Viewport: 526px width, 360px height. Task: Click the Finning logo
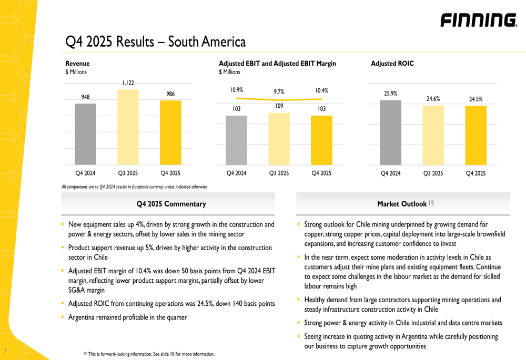pyautogui.click(x=479, y=20)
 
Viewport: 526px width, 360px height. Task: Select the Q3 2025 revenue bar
pyautogui.click(x=128, y=127)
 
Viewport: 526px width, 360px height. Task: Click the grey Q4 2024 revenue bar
pyautogui.click(x=85, y=134)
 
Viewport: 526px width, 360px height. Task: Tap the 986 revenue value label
pyautogui.click(x=170, y=94)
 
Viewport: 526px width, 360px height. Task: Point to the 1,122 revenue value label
pyautogui.click(x=128, y=83)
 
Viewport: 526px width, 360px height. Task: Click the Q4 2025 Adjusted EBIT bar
pyautogui.click(x=321, y=140)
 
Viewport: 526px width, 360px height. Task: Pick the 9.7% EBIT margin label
pyautogui.click(x=279, y=91)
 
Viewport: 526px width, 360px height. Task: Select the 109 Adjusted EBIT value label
pyautogui.click(x=279, y=106)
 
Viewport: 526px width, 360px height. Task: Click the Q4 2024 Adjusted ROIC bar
pyautogui.click(x=390, y=132)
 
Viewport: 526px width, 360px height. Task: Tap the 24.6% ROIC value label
pyautogui.click(x=433, y=99)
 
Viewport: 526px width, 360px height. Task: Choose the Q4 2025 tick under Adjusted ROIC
pyautogui.click(x=476, y=173)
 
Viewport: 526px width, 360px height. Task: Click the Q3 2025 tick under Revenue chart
pyautogui.click(x=128, y=173)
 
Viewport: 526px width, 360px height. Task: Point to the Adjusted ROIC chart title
pyautogui.click(x=392, y=64)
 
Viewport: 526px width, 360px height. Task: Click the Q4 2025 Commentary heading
pyautogui.click(x=171, y=204)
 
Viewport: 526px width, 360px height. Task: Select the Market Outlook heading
pyautogui.click(x=405, y=203)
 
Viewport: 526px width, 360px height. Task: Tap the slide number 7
pyautogui.click(x=5, y=351)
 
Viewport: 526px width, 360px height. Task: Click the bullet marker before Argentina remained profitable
pyautogui.click(x=63, y=317)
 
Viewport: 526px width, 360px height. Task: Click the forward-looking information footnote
pyautogui.click(x=149, y=354)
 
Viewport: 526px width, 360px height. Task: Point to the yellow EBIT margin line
pyautogui.click(x=279, y=99)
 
